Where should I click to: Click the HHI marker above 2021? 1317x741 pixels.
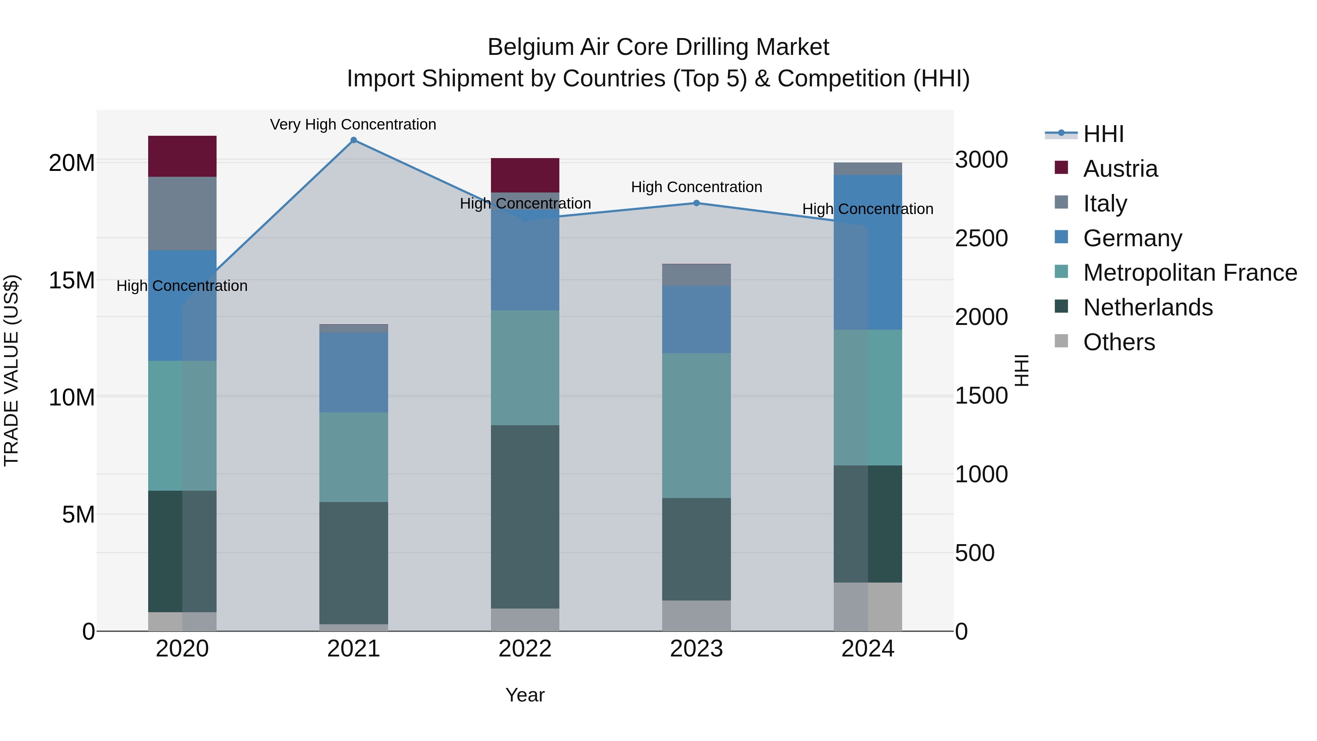coord(353,140)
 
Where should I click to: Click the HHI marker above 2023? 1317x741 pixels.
coord(696,203)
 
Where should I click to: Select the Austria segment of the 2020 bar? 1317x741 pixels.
coord(182,156)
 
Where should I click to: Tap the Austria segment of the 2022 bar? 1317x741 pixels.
coord(525,175)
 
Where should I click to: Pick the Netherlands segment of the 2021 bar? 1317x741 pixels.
coord(353,562)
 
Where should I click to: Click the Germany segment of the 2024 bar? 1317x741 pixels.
coord(868,252)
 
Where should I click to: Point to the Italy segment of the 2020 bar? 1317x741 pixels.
coord(182,213)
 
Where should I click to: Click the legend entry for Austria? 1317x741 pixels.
coord(1120,169)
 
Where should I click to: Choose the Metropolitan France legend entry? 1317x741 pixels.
coord(1189,273)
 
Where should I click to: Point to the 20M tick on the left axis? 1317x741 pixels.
coord(72,163)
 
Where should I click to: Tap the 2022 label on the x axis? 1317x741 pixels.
coord(525,649)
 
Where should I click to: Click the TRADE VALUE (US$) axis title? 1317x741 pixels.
coord(11,370)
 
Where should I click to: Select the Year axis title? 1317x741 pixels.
coord(525,695)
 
